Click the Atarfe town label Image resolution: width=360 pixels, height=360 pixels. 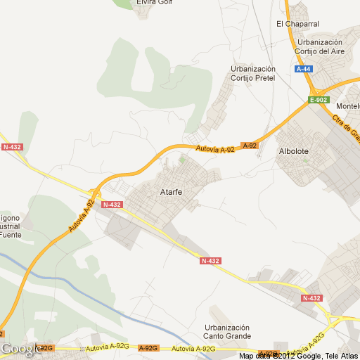coord(172,192)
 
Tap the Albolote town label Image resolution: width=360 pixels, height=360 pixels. coord(295,151)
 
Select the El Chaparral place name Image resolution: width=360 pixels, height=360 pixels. coord(297,24)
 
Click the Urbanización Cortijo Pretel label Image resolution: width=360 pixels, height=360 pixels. coord(252,73)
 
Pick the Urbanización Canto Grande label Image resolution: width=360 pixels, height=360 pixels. coord(227,332)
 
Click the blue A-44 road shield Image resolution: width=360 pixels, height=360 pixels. coord(304,69)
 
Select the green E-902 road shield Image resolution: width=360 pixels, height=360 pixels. coord(319,100)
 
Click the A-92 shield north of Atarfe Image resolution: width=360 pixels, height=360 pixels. coord(250,146)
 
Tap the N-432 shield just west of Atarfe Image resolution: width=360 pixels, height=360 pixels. coord(112,205)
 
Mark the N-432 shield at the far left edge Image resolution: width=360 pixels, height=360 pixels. coord(12,147)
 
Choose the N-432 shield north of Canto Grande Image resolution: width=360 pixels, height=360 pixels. coord(210,261)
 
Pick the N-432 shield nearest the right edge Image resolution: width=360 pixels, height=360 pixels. coord(311,298)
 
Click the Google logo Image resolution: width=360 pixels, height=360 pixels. coord(20,349)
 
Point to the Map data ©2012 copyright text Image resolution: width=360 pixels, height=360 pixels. coord(299,356)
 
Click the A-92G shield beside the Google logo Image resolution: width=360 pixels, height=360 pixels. coord(46,348)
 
